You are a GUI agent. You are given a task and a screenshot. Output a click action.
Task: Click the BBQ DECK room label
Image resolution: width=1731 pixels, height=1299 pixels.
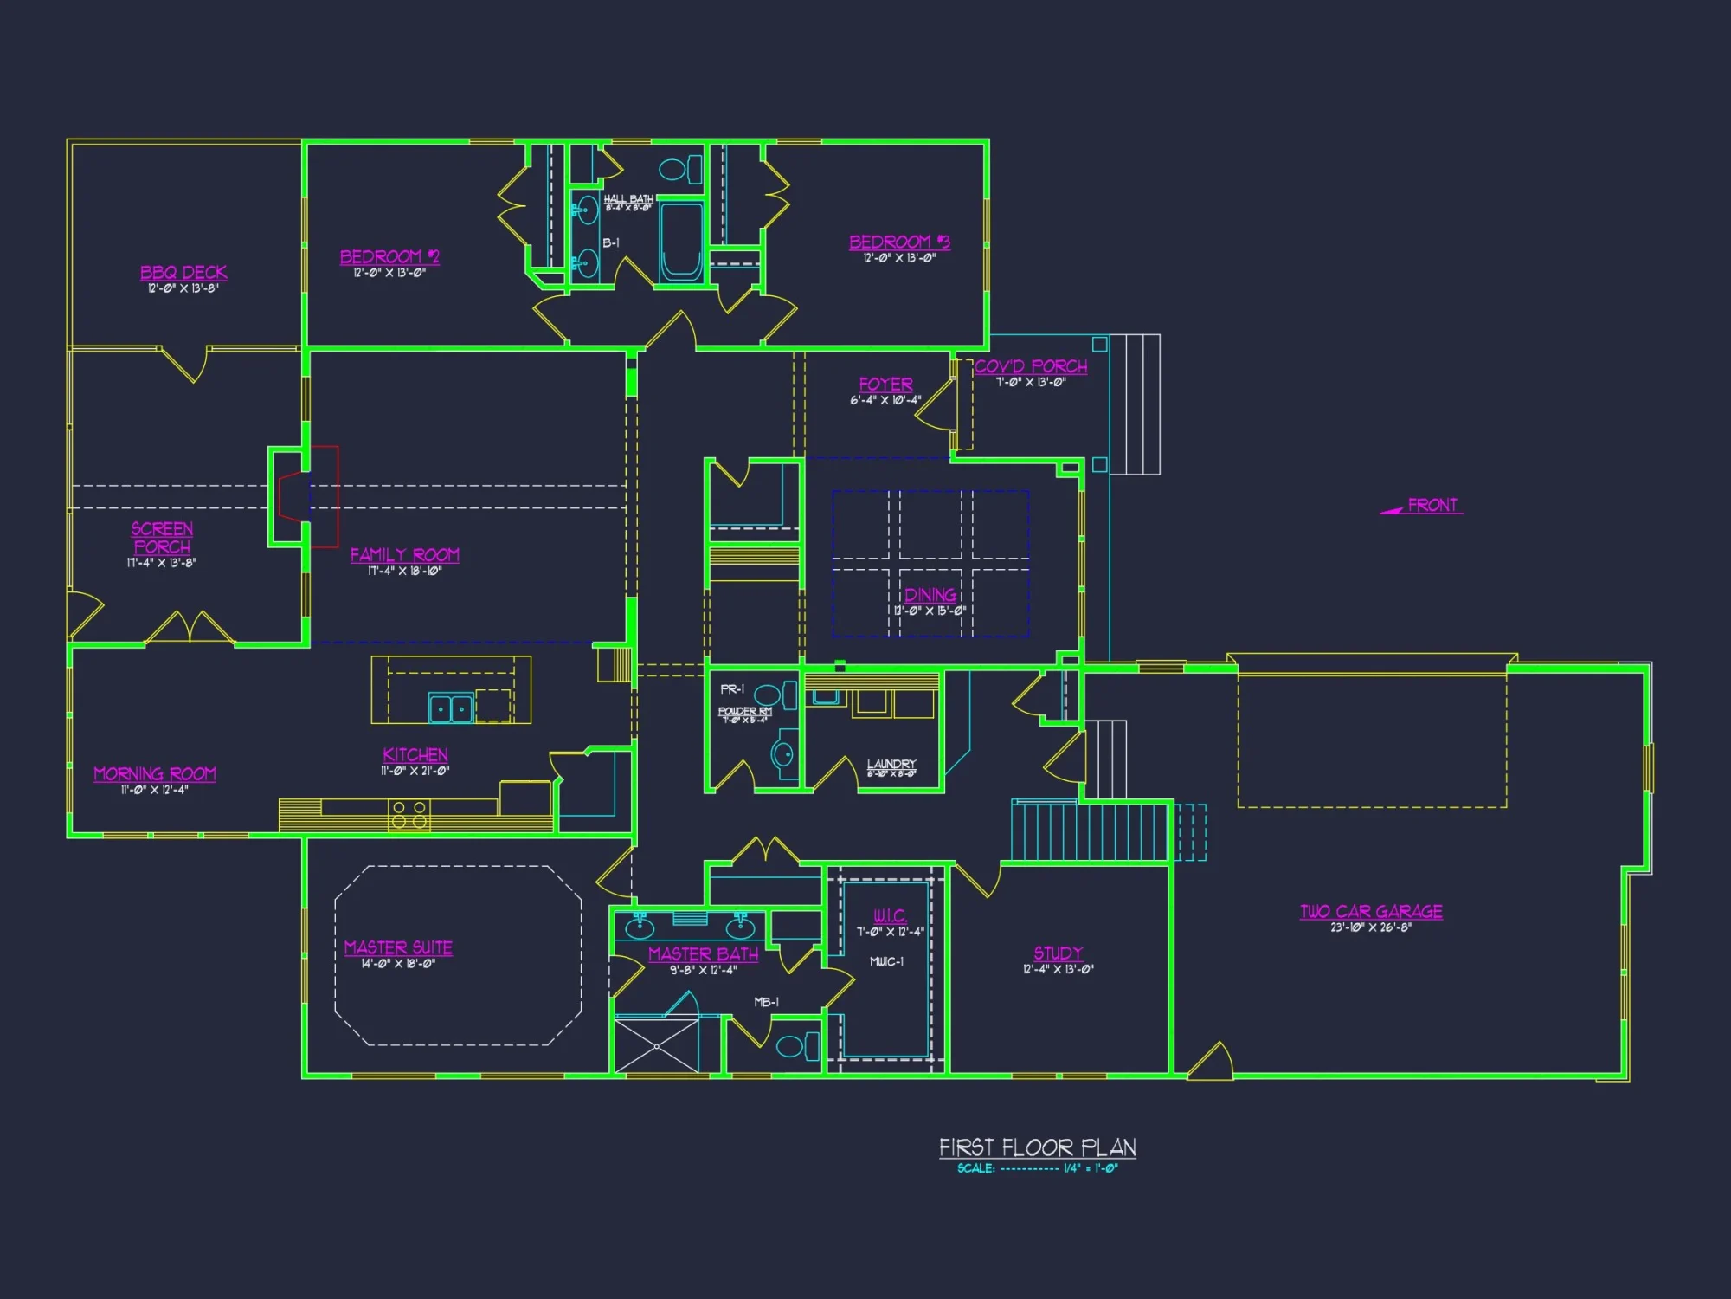pyautogui.click(x=183, y=273)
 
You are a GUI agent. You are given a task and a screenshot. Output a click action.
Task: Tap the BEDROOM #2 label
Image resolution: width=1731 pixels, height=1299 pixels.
pyautogui.click(x=389, y=257)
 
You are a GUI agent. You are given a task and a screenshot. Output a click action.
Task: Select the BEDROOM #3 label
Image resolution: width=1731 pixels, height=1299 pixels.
pyautogui.click(x=899, y=242)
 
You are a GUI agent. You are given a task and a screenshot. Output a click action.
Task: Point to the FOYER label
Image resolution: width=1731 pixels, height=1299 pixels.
pyautogui.click(x=885, y=385)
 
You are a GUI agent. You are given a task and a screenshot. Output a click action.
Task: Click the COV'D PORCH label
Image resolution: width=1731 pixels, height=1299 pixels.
pyautogui.click(x=1031, y=366)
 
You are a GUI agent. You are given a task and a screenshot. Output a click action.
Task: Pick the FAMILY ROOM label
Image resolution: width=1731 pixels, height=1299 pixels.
pyautogui.click(x=404, y=555)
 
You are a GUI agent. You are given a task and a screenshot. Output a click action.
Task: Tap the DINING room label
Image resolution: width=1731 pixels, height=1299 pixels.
pyautogui.click(x=930, y=595)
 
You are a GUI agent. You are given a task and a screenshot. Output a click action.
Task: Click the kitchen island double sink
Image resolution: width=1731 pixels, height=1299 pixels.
pyautogui.click(x=452, y=708)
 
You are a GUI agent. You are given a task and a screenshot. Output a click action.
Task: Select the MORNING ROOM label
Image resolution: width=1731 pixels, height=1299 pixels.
pyautogui.click(x=155, y=774)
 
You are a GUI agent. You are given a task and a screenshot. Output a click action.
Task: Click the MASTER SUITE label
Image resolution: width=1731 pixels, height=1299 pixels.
pyautogui.click(x=398, y=948)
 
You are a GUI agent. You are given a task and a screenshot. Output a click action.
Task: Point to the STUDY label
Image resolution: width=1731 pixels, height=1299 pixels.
pyautogui.click(x=1059, y=953)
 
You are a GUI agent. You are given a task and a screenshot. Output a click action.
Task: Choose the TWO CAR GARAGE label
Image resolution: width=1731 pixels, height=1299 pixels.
pyautogui.click(x=1371, y=912)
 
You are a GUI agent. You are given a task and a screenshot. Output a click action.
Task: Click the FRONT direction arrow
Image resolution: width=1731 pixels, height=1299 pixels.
pyautogui.click(x=1392, y=511)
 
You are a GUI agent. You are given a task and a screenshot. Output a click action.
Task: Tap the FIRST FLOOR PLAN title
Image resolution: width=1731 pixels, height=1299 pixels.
pyautogui.click(x=1038, y=1148)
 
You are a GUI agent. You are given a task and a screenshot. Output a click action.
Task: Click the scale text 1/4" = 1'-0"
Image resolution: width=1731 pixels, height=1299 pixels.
pyautogui.click(x=1091, y=1169)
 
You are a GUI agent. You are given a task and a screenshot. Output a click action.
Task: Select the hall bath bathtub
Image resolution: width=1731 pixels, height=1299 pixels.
pyautogui.click(x=682, y=242)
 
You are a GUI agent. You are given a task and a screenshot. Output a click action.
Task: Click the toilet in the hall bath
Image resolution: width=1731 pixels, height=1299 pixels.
pyautogui.click(x=680, y=169)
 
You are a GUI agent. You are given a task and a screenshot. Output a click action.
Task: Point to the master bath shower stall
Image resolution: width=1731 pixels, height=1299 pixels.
pyautogui.click(x=656, y=1046)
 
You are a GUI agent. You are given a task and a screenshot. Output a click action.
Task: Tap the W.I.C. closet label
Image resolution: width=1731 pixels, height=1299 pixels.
pyautogui.click(x=890, y=916)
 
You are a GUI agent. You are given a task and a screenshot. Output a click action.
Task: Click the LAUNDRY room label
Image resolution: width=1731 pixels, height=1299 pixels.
pyautogui.click(x=891, y=765)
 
